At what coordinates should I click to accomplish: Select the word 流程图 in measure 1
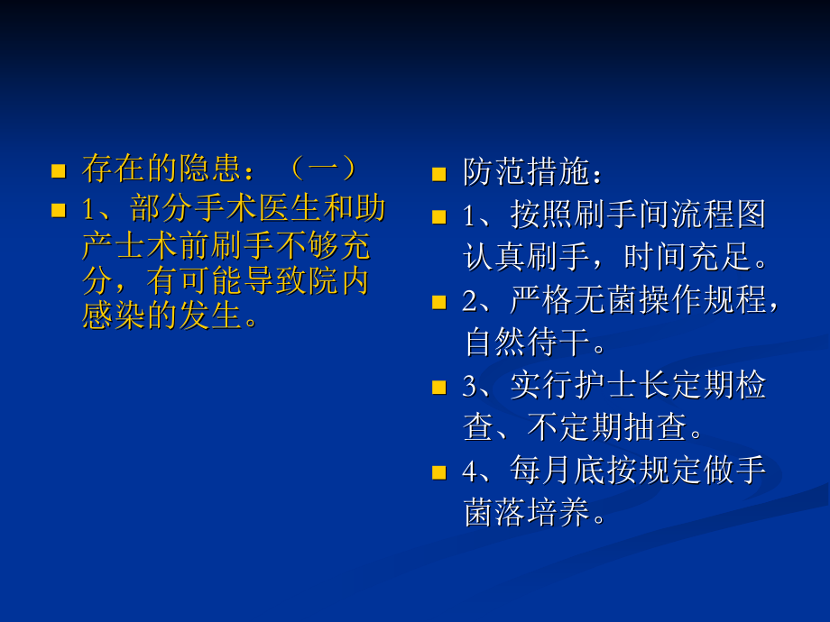[x=718, y=215]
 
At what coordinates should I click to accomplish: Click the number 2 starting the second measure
[x=469, y=301]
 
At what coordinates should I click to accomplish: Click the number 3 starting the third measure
[x=469, y=386]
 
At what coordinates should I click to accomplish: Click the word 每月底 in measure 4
[x=557, y=471]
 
